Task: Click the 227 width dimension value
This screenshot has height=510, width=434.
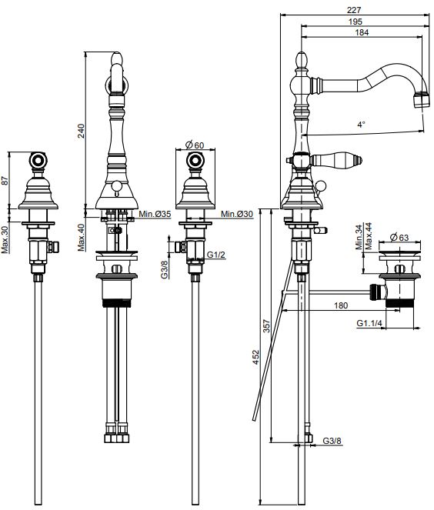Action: click(354, 10)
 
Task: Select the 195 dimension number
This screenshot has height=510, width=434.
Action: click(355, 22)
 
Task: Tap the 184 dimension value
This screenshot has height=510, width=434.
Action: click(362, 32)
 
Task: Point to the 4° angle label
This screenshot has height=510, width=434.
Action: click(361, 125)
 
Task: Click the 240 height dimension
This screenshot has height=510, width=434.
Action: click(81, 131)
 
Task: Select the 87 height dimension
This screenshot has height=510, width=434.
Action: click(5, 181)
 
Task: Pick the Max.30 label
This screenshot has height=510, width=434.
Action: click(5, 240)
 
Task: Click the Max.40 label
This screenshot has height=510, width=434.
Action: click(81, 238)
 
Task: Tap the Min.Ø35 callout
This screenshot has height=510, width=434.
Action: click(155, 214)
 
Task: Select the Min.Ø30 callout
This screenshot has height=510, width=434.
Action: click(236, 214)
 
